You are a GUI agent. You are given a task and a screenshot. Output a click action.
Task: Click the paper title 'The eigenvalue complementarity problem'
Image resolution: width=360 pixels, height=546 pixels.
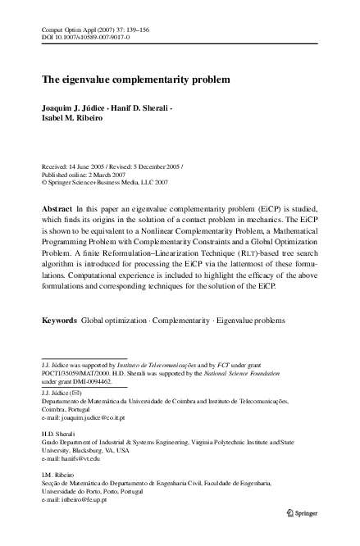tap(135, 80)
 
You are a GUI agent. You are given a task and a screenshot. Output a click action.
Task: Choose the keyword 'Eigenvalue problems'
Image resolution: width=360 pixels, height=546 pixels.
tap(252, 316)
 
